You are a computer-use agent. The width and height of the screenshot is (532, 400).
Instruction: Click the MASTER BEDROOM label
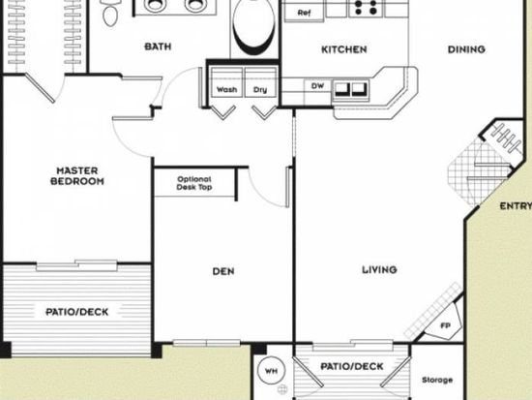pyautogui.click(x=77, y=176)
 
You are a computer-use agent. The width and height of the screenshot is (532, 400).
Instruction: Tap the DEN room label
pyautogui.click(x=223, y=271)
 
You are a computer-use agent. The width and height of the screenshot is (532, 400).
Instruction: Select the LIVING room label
pyautogui.click(x=379, y=270)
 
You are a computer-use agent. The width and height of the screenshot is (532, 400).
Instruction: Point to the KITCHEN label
pyautogui.click(x=344, y=49)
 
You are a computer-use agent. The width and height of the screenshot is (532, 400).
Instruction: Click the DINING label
pyautogui.click(x=466, y=49)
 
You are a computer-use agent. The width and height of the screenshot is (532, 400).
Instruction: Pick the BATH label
pyautogui.click(x=158, y=46)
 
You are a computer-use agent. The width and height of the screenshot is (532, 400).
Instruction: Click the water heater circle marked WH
pyautogui.click(x=271, y=371)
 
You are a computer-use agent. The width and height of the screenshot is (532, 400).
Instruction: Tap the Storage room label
pyautogui.click(x=437, y=380)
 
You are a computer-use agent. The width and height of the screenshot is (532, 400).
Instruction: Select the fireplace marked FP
pyautogui.click(x=443, y=323)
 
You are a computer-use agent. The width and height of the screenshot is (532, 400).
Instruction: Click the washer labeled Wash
pyautogui.click(x=226, y=82)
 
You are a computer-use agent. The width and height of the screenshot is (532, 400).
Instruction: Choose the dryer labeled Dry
pyautogui.click(x=260, y=82)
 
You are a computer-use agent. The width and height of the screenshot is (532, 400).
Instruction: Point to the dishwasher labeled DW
pyautogui.click(x=317, y=86)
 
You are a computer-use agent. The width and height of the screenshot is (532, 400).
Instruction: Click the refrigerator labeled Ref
pyautogui.click(x=304, y=12)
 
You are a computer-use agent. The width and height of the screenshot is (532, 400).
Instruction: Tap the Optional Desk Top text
pyautogui.click(x=194, y=183)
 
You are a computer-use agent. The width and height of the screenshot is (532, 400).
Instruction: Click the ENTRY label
pyautogui.click(x=516, y=206)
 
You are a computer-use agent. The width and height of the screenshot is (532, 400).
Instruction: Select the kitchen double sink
pyautogui.click(x=350, y=91)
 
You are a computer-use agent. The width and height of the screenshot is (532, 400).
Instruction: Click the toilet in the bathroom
pyautogui.click(x=110, y=13)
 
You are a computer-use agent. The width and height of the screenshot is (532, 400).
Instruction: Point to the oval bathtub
pyautogui.click(x=254, y=25)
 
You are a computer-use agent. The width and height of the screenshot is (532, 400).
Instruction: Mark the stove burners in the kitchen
pyautogui.click(x=366, y=8)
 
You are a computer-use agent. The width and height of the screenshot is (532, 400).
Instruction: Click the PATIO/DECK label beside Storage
pyautogui.click(x=352, y=367)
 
